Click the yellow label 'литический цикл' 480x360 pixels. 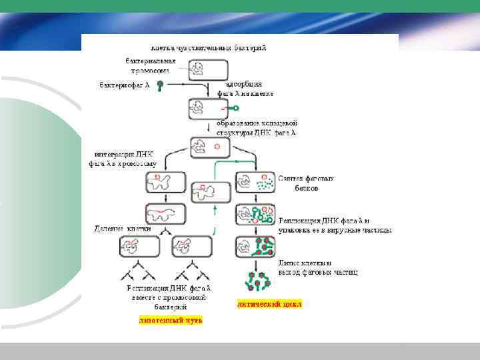pyautogui.click(x=269, y=303)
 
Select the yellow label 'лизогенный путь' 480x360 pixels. pyautogui.click(x=171, y=320)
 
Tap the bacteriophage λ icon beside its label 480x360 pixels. pyautogui.click(x=161, y=85)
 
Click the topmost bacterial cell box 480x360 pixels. pyautogui.click(x=208, y=70)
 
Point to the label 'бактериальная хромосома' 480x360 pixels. pyautogui.click(x=148, y=65)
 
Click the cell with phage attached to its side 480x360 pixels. pyautogui.click(x=208, y=108)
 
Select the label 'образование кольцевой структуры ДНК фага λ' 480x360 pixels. pyautogui.click(x=260, y=128)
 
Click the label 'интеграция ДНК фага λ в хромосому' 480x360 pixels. pyautogui.click(x=122, y=158)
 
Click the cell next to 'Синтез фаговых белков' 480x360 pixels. pyautogui.click(x=255, y=182)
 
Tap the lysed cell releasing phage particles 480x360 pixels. pyautogui.click(x=255, y=280)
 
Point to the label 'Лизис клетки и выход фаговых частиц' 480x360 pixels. pyautogui.click(x=319, y=267)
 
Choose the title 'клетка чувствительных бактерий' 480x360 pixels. pyautogui.click(x=209, y=48)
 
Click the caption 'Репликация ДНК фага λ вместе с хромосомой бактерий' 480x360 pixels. pyautogui.click(x=169, y=297)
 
